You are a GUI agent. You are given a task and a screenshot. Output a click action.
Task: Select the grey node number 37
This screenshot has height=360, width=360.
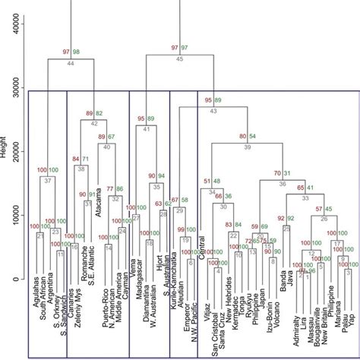[x=47, y=180]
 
